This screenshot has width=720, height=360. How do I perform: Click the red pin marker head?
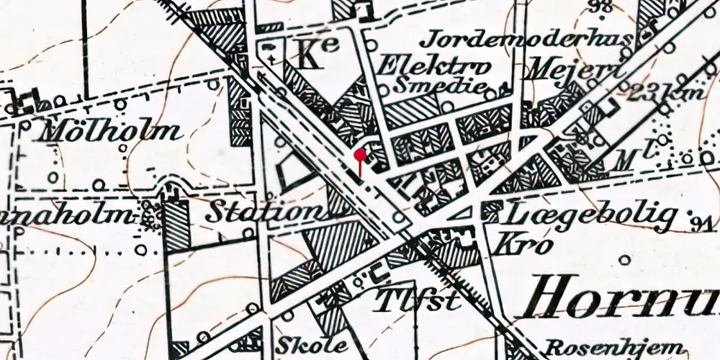click(360, 153)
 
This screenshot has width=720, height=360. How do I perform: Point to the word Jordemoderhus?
click(531, 37)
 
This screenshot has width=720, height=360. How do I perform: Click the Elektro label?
click(435, 66)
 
